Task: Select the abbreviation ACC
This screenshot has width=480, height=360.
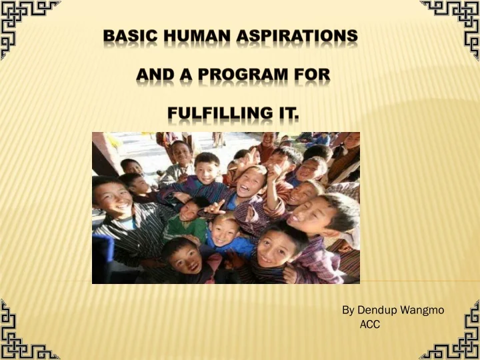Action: click(x=369, y=325)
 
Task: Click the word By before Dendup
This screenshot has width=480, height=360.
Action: click(x=348, y=310)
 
